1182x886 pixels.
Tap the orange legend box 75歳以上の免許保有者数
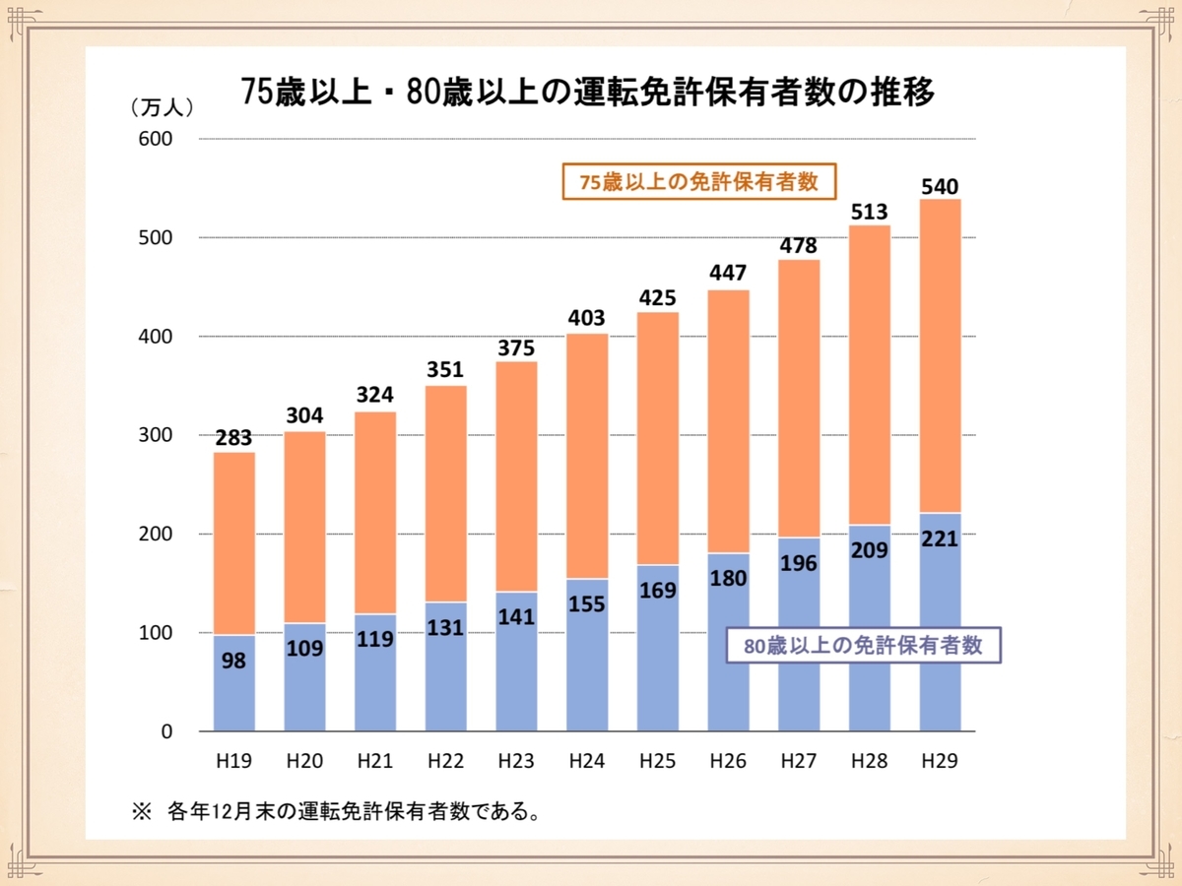click(x=699, y=182)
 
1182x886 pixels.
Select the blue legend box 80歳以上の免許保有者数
click(x=863, y=647)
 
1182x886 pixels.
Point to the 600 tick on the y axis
click(x=156, y=139)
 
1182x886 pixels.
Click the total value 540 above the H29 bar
click(x=940, y=185)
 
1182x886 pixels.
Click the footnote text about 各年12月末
click(x=335, y=812)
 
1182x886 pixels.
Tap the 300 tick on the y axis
click(x=156, y=435)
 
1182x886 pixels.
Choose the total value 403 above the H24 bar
click(x=587, y=319)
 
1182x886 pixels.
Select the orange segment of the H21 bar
click(x=375, y=513)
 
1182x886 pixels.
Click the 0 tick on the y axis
click(x=165, y=731)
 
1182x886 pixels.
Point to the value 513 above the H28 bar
click(x=869, y=212)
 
